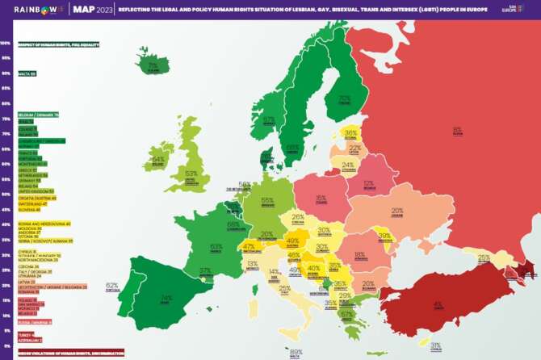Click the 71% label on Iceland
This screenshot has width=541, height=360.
(152, 65)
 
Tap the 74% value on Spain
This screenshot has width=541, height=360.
(166, 298)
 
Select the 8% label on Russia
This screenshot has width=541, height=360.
(457, 129)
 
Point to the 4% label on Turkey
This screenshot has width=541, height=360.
(437, 305)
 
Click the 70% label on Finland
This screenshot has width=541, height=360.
(345, 98)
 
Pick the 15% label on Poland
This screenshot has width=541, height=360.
(321, 197)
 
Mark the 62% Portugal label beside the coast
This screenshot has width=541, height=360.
(111, 285)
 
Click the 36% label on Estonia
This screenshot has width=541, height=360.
(350, 132)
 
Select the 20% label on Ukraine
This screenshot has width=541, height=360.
(397, 211)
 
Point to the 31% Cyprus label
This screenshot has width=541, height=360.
(436, 345)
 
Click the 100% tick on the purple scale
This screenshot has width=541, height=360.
(6, 44)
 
